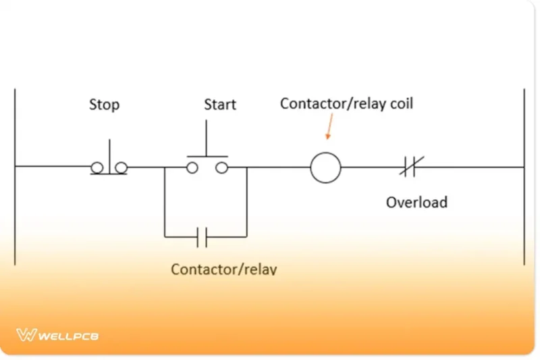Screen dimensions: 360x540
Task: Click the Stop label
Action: [x=104, y=105]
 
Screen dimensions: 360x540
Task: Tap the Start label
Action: [x=220, y=105]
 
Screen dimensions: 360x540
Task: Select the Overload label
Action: [x=416, y=201]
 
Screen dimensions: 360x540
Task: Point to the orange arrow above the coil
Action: [x=330, y=128]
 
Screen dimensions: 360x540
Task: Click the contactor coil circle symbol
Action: [x=325, y=167]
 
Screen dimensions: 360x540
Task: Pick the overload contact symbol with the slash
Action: [x=410, y=167]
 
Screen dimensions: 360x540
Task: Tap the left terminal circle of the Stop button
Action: [x=97, y=167]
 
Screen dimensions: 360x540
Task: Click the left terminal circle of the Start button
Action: [x=192, y=168]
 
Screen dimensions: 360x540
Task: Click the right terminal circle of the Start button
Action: [x=221, y=168]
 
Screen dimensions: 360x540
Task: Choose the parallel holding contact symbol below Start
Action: [x=202, y=237]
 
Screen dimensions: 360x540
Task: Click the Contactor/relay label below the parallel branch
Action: [x=223, y=269]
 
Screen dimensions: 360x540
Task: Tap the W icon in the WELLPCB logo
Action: [x=26, y=334]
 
